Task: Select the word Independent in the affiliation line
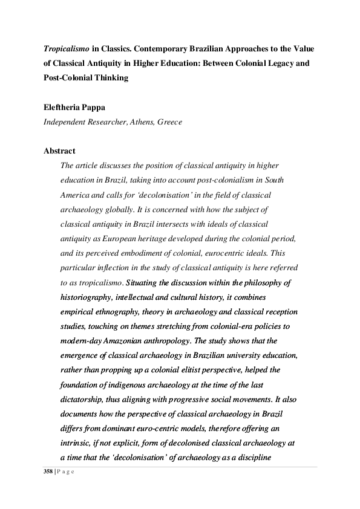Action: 64,121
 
